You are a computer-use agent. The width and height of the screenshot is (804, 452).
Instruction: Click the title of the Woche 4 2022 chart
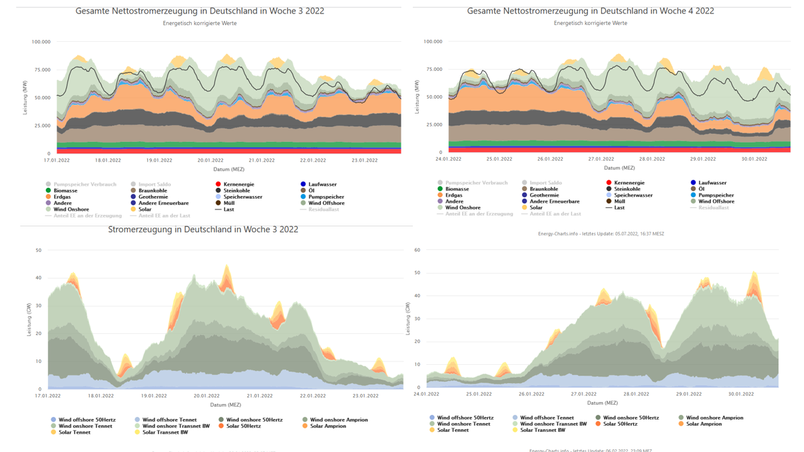[x=590, y=11]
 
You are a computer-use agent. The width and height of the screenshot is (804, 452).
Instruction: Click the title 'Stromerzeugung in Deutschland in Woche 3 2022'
[x=203, y=230]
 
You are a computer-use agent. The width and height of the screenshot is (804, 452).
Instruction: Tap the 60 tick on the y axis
[x=417, y=250]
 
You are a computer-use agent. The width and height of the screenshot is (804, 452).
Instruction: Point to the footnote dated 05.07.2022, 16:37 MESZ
[x=601, y=234]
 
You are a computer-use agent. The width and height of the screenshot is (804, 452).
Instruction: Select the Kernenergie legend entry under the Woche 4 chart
[x=628, y=182]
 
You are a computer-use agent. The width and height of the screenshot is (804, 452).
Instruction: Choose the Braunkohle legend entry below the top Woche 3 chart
[x=152, y=191]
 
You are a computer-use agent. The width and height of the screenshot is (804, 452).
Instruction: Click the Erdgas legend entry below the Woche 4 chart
[x=453, y=195]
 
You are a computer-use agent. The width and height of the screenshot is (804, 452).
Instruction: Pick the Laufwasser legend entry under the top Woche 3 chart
[x=322, y=184]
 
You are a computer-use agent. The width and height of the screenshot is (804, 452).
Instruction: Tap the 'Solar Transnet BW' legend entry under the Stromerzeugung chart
[x=165, y=432]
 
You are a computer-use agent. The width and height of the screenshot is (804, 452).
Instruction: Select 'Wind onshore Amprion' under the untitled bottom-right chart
[x=714, y=418]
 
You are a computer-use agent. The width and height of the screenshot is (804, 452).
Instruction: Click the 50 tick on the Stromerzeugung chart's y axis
[x=39, y=251]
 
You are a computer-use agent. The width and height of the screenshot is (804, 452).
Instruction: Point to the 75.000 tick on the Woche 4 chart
[x=433, y=70]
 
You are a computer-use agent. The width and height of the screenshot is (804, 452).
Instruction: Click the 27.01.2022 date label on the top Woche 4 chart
[x=601, y=159]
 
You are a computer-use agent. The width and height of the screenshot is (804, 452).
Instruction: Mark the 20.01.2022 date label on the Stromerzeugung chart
[x=206, y=396]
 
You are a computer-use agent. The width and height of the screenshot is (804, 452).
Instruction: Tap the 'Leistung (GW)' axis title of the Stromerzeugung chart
[x=29, y=320]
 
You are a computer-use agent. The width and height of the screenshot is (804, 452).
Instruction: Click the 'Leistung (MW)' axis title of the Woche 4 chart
[x=417, y=97]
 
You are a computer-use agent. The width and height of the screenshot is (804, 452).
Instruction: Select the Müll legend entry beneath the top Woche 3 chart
[x=228, y=203]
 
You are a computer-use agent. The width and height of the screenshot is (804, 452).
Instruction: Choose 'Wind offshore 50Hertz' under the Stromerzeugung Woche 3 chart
[x=86, y=420]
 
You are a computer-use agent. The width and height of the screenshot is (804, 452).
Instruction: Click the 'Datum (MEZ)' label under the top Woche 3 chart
[x=228, y=170]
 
